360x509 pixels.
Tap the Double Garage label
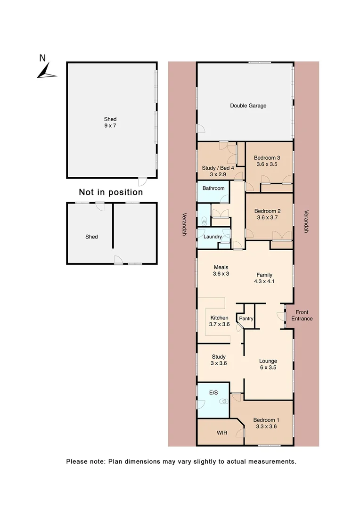[x=248, y=106]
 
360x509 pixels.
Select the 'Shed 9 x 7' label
[x=110, y=123]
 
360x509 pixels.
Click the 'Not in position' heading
[x=111, y=192]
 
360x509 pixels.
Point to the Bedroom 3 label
[x=267, y=161]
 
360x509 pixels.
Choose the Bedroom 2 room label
[x=267, y=214]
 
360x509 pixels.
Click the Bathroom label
[x=213, y=188]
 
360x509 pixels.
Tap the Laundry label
[x=213, y=237]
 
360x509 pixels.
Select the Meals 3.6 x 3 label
[x=221, y=271]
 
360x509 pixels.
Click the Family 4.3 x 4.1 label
[x=264, y=279]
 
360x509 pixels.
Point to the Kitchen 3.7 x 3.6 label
[x=219, y=321]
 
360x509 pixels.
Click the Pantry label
[x=246, y=319]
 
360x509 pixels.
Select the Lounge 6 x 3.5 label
[x=268, y=364]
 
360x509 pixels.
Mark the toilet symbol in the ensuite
[x=225, y=402]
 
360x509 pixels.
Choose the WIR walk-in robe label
[x=222, y=432]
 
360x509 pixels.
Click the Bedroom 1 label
[x=266, y=423]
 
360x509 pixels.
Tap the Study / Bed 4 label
[x=218, y=171]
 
